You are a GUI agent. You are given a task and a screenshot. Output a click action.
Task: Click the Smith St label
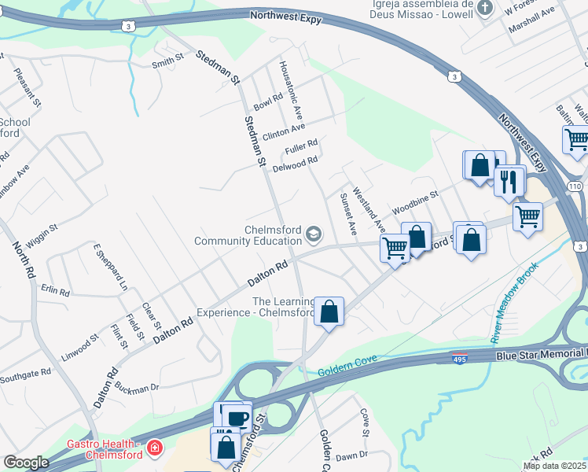(x=167, y=59)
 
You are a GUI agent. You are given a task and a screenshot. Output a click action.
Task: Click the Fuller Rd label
(x=301, y=146)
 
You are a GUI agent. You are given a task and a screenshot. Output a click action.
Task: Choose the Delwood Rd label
(x=295, y=164)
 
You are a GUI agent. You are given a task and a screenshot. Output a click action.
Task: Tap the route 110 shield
(x=575, y=186)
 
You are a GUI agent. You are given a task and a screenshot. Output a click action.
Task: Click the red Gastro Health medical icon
(x=156, y=448)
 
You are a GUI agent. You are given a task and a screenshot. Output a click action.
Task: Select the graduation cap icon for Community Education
(x=314, y=234)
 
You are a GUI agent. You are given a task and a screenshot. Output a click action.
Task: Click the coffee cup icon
(x=238, y=417)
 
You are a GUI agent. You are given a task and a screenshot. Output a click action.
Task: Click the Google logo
(x=25, y=463)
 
